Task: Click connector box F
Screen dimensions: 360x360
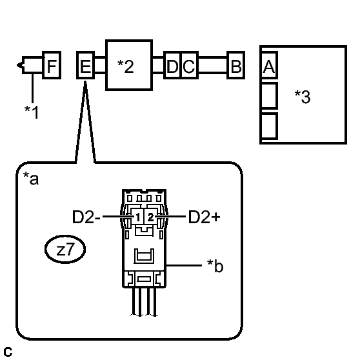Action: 52,66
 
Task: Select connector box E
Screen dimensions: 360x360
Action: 85,66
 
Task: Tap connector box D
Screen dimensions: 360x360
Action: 172,66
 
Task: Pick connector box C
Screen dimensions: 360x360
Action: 188,66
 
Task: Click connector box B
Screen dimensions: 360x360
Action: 236,66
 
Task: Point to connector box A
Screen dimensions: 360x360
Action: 268,65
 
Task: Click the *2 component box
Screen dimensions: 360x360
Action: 128,66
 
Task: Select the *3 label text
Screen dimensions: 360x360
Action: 302,98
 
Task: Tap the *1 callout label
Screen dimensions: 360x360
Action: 31,112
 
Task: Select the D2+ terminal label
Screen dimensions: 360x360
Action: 204,217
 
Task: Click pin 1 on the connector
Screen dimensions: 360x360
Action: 138,217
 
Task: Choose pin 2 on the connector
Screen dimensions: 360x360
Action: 150,217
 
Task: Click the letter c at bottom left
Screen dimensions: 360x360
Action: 7,352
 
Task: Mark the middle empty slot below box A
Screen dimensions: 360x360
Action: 268,95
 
